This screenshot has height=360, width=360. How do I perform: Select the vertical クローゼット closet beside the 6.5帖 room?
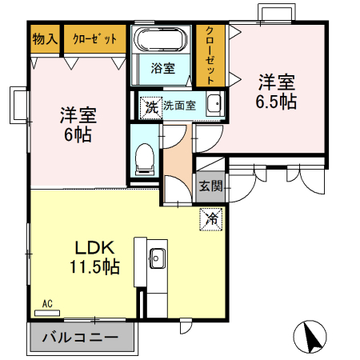(x=210, y=54)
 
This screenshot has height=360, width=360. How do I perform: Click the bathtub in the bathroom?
(x=161, y=40)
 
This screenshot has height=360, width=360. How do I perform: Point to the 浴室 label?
(x=162, y=69)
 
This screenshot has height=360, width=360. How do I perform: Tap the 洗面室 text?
(x=179, y=106)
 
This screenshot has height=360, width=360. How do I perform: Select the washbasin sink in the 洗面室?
(x=214, y=104)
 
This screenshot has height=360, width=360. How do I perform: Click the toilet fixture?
(x=145, y=157)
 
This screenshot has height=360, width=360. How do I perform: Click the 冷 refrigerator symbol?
(x=212, y=217)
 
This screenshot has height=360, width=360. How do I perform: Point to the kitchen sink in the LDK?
(x=156, y=258)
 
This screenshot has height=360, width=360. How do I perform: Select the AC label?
(x=47, y=304)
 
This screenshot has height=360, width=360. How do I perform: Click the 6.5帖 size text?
(x=276, y=102)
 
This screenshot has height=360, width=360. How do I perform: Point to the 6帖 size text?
(x=78, y=133)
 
